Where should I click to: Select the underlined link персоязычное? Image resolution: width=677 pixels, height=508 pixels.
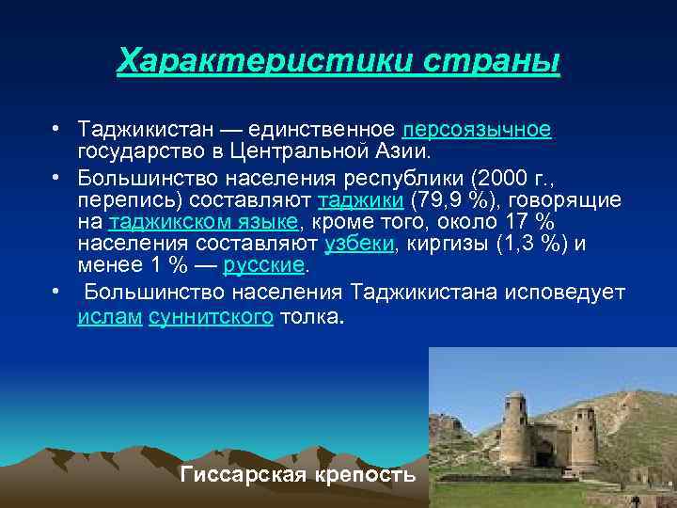[476, 128]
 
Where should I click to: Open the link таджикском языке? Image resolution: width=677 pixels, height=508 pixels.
[203, 222]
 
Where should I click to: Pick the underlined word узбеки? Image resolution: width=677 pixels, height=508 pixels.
[359, 245]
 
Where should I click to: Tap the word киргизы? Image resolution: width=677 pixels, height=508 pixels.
[441, 245]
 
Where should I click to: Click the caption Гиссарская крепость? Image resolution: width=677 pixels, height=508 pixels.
[297, 474]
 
